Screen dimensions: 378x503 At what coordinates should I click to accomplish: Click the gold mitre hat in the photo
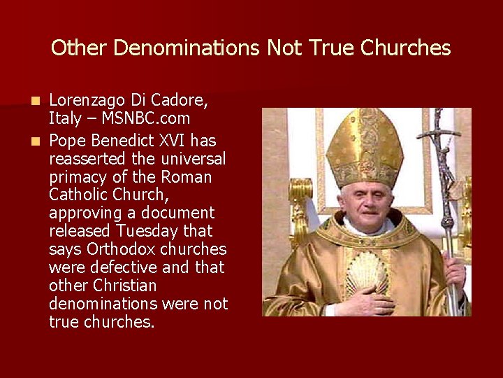point(365,146)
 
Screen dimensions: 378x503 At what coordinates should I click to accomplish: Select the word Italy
point(64,119)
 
